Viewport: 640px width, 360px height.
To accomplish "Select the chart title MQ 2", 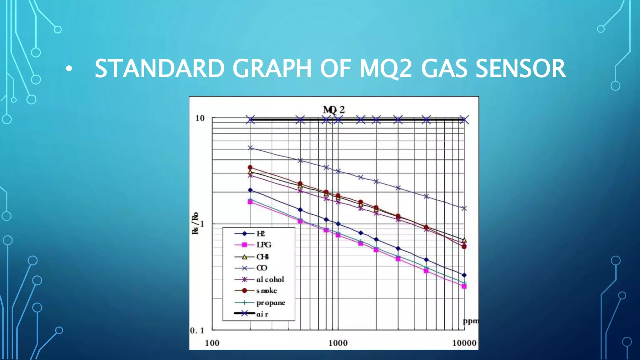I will coord(334,110).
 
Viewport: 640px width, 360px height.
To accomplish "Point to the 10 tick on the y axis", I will coord(200,118).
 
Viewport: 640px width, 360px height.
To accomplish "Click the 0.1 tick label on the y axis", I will coord(197,330).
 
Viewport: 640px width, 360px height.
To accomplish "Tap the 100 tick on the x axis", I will coord(212,343).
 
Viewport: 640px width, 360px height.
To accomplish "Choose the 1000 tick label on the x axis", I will coord(338,343).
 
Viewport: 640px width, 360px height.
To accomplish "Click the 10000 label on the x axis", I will coord(464,343).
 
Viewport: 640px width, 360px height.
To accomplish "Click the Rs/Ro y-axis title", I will coord(195,223).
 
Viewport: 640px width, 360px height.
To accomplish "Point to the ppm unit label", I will coord(470,321).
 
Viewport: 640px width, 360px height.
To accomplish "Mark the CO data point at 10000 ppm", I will coord(464,208).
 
